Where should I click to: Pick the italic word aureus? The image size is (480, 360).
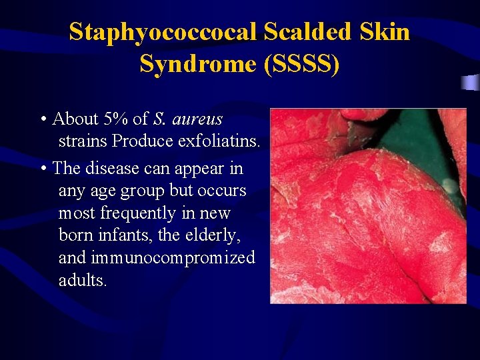click(197, 119)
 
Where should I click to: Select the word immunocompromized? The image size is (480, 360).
click(173, 258)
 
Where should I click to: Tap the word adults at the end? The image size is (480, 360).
click(82, 281)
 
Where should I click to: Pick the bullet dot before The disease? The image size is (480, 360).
click(43, 169)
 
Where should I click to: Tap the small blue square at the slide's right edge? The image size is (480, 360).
click(471, 83)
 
